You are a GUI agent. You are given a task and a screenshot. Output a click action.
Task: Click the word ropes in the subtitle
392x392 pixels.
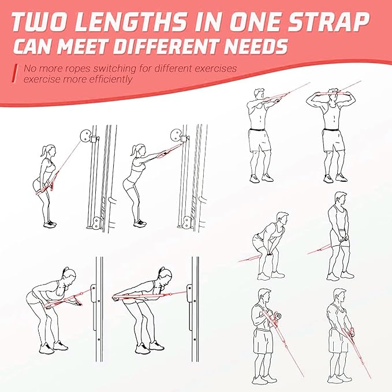tap(75, 69)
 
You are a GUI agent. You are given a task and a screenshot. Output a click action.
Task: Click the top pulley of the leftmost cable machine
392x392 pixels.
tap(88, 138)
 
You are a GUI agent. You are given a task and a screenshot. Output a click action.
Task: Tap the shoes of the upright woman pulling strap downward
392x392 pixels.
tap(51, 223)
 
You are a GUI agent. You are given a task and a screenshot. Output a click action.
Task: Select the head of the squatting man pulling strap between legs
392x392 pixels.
tap(281, 219)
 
